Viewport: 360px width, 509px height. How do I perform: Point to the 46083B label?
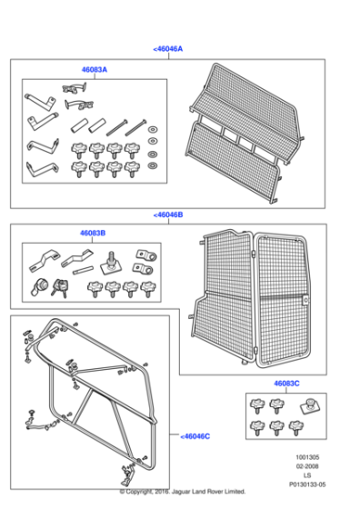click(x=91, y=233)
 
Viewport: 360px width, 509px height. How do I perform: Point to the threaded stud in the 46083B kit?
click(x=111, y=264)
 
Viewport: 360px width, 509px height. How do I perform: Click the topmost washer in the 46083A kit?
click(x=151, y=125)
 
